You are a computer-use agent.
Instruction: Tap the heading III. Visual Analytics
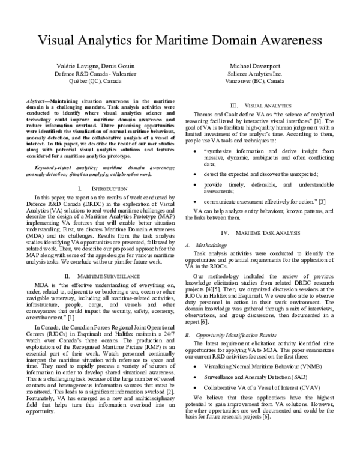[263, 106]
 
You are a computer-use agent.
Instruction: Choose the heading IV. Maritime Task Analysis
[263, 215]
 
